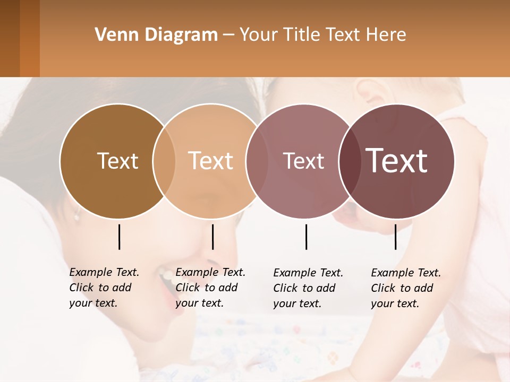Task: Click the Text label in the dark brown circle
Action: tap(117, 161)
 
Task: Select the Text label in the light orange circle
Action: tap(211, 161)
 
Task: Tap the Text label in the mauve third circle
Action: tap(303, 161)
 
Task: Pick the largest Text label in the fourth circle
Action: tap(397, 161)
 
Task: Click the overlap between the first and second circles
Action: tap(164, 161)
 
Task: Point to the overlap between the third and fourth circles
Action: tap(350, 161)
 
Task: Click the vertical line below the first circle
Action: tap(119, 237)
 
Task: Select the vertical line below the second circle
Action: tap(212, 237)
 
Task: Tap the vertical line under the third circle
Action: tap(306, 237)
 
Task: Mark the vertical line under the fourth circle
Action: tap(395, 237)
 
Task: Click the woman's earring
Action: tap(76, 216)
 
